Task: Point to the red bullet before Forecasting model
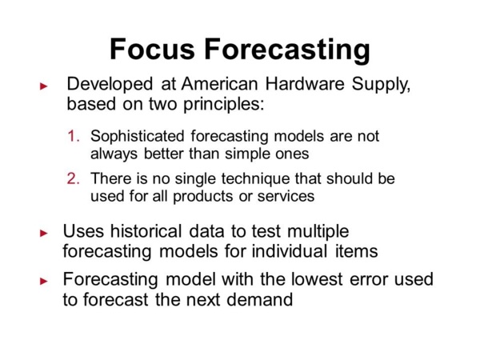45,282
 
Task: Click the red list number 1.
73,137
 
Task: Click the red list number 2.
73,178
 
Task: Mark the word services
285,194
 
